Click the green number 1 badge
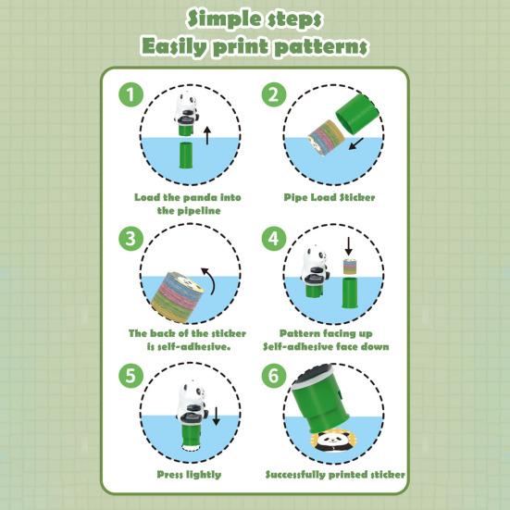(131, 94)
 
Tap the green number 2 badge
(274, 94)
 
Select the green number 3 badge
(131, 239)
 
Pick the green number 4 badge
(274, 239)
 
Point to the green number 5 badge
(131, 376)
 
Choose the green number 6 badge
(274, 376)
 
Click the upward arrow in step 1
(207, 136)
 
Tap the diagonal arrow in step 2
(355, 143)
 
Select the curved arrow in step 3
(210, 280)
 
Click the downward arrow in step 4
(348, 246)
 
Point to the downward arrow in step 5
(217, 416)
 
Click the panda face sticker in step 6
(332, 442)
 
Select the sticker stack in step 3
(177, 297)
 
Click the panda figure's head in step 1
(186, 102)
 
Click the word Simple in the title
(223, 19)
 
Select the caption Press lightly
(189, 475)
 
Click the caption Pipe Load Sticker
(330, 197)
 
